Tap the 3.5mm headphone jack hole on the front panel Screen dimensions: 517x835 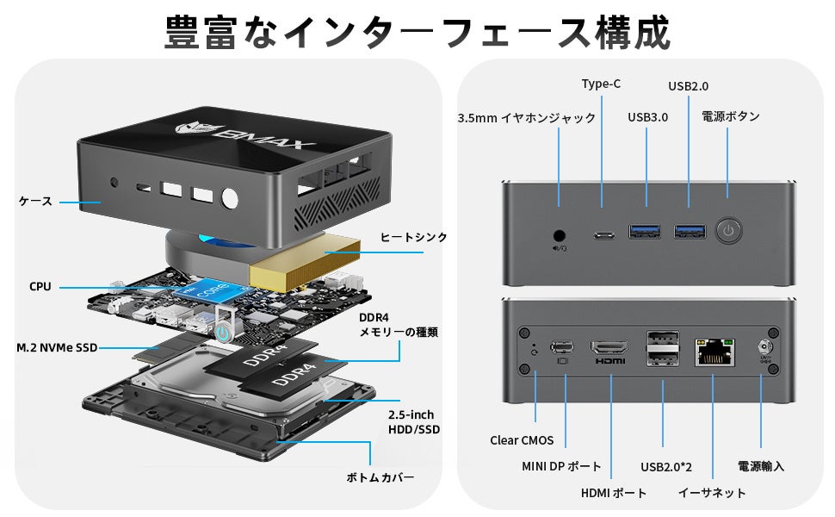(x=560, y=234)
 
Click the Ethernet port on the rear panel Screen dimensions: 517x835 (x=711, y=351)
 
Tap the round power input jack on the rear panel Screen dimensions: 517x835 (x=761, y=349)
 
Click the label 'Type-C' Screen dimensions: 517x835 (x=601, y=84)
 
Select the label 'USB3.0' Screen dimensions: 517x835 (x=647, y=117)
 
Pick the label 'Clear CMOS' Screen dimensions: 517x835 (x=522, y=440)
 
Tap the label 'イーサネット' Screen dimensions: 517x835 (x=711, y=493)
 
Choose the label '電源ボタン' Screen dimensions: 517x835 (x=730, y=116)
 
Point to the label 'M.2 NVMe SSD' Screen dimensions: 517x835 (x=56, y=348)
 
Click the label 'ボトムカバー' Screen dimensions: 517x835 (x=380, y=477)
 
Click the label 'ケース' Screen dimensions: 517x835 (x=35, y=202)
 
